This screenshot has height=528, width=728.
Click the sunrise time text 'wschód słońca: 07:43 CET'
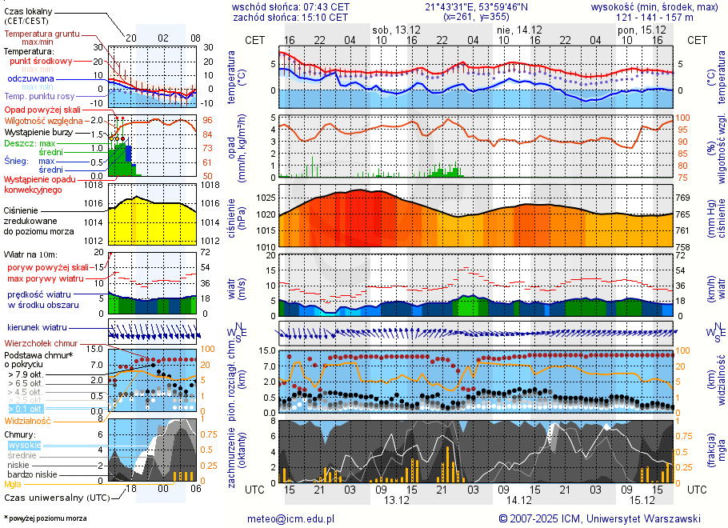pyautogui.click(x=290, y=6)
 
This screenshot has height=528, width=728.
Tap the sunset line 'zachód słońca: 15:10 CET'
pyautogui.click(x=290, y=16)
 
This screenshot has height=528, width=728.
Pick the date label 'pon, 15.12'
pyautogui.click(x=642, y=30)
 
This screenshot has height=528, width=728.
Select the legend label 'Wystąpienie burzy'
pyautogui.click(x=38, y=131)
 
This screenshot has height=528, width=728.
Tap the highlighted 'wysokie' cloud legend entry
pyautogui.click(x=24, y=445)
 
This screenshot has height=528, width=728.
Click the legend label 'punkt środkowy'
pyautogui.click(x=42, y=61)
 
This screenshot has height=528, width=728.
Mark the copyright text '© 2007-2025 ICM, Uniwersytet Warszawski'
pyautogui.click(x=600, y=518)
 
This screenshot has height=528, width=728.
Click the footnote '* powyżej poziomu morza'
pyautogui.click(x=46, y=518)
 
